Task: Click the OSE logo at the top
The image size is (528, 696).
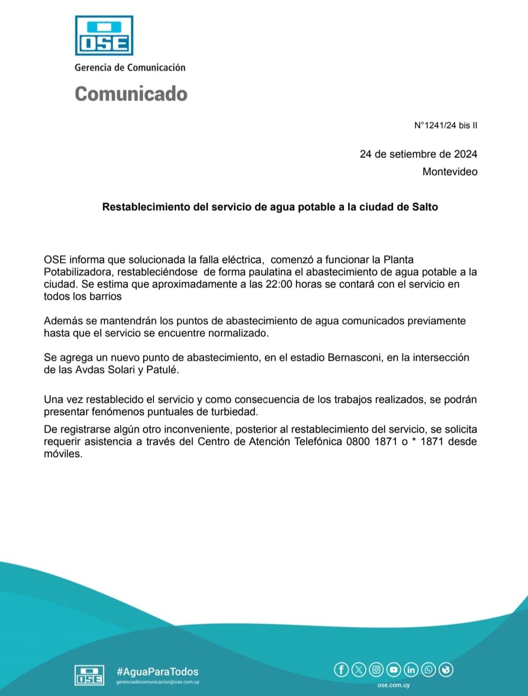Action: [104, 36]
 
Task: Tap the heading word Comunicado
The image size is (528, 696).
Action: [131, 94]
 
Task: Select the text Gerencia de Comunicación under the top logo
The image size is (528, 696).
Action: [130, 67]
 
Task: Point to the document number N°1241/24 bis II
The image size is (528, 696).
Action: [445, 125]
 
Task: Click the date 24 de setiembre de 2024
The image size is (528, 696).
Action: [418, 154]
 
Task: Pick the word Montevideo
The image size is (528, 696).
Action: [450, 172]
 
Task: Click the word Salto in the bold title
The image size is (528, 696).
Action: [425, 207]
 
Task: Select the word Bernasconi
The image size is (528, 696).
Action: [354, 357]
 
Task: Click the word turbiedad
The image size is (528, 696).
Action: [234, 412]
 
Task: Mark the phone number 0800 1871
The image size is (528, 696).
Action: [372, 441]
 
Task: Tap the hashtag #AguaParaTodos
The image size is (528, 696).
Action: [157, 672]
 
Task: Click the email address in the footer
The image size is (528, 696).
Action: [157, 682]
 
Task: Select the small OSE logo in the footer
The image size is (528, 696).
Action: [89, 675]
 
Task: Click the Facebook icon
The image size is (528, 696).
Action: [341, 669]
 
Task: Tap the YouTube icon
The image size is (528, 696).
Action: [394, 669]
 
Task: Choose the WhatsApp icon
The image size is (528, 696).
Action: [428, 669]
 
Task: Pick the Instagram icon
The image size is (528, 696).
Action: [376, 669]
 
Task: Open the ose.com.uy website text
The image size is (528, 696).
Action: [394, 685]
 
